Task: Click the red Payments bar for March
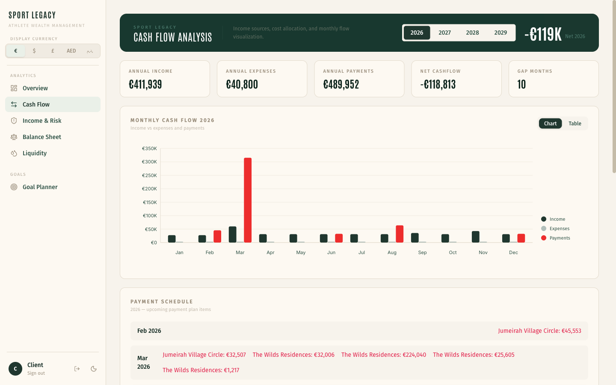(x=248, y=200)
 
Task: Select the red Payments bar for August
(x=400, y=234)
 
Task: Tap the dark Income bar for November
(x=475, y=237)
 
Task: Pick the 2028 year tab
(x=472, y=33)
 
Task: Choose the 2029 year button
(x=500, y=33)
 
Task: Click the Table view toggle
(x=575, y=124)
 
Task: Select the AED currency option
(x=71, y=51)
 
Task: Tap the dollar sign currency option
(x=34, y=51)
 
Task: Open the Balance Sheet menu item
(x=42, y=137)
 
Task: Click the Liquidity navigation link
(x=35, y=153)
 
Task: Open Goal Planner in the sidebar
(x=40, y=187)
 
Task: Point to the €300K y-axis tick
(x=149, y=162)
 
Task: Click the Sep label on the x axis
(x=422, y=252)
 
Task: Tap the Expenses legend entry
(x=559, y=228)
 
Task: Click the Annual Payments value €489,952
(x=341, y=85)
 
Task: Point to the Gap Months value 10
(x=521, y=85)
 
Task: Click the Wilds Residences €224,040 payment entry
(x=383, y=355)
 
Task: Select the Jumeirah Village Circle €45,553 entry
(x=539, y=331)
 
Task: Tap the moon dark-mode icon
(x=94, y=369)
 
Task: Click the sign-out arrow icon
(x=77, y=369)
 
